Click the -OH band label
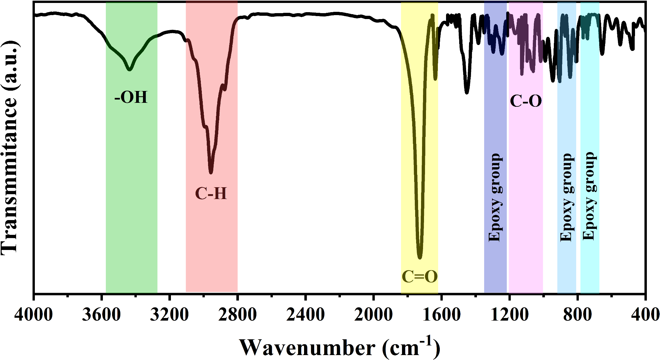tap(131, 97)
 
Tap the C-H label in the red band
tap(211, 193)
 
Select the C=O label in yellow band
tap(420, 276)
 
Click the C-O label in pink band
tap(526, 101)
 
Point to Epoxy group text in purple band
tap(495, 197)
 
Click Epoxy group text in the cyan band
tap(589, 196)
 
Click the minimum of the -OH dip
tap(130, 69)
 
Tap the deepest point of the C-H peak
tap(211, 172)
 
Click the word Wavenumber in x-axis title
tap(307, 348)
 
